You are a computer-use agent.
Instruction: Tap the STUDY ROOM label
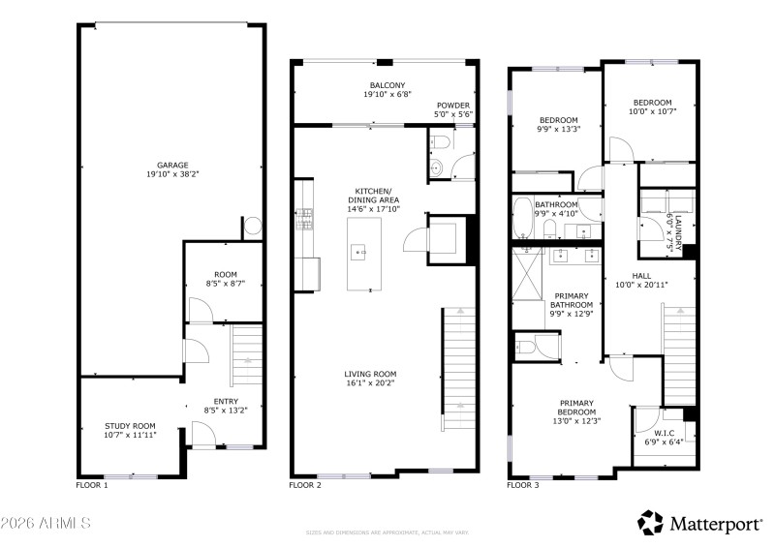coord(130,425)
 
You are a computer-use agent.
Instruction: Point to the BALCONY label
coord(387,85)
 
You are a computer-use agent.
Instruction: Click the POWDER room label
coord(453,105)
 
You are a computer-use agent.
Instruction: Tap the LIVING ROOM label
coord(370,374)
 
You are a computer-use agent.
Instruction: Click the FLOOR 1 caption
coord(92,483)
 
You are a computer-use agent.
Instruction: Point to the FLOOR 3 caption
coord(523,483)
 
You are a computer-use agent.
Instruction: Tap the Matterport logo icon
coord(649,523)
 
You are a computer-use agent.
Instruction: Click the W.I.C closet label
coord(664,432)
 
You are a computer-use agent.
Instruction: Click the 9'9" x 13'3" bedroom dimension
coord(558,129)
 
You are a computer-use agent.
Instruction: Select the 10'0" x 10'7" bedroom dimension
coord(652,111)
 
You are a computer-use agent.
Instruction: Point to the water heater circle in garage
coord(251,228)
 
